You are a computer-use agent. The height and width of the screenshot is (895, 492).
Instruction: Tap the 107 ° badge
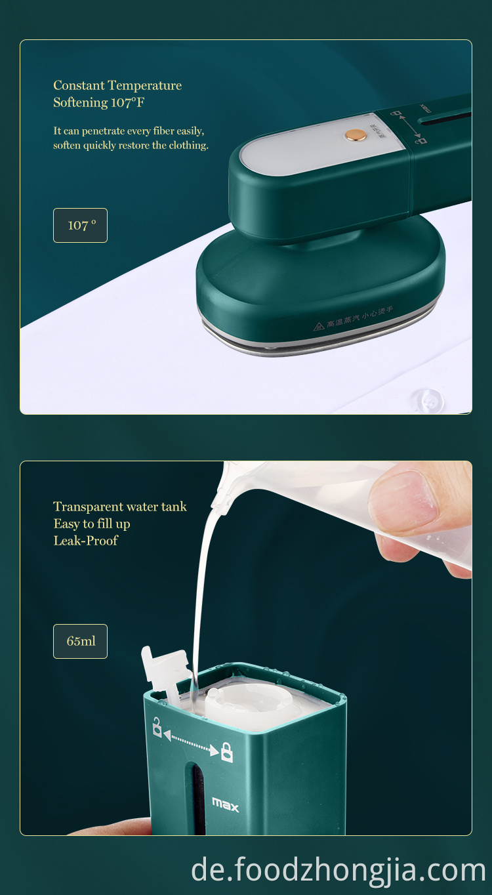(x=80, y=225)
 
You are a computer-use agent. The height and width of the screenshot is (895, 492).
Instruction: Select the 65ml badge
(x=80, y=641)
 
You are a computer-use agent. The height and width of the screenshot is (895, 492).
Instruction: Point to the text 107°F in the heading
(x=127, y=102)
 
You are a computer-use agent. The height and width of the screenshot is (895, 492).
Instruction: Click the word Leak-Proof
(x=86, y=541)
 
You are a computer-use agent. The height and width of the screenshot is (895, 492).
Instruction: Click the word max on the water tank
(x=226, y=803)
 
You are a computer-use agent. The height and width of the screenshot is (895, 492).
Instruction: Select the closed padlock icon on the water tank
(x=226, y=752)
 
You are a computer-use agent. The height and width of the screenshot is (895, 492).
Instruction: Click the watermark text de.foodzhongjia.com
(x=338, y=870)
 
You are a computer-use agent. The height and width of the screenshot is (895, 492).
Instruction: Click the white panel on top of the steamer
(x=308, y=146)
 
